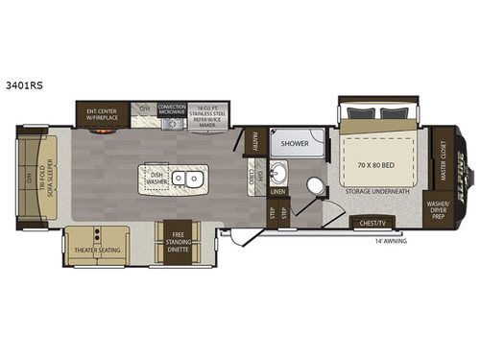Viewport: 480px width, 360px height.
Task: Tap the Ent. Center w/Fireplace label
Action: (101, 114)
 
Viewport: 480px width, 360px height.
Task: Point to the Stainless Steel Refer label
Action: (209, 114)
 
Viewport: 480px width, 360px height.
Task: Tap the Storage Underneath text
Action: (378, 192)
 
